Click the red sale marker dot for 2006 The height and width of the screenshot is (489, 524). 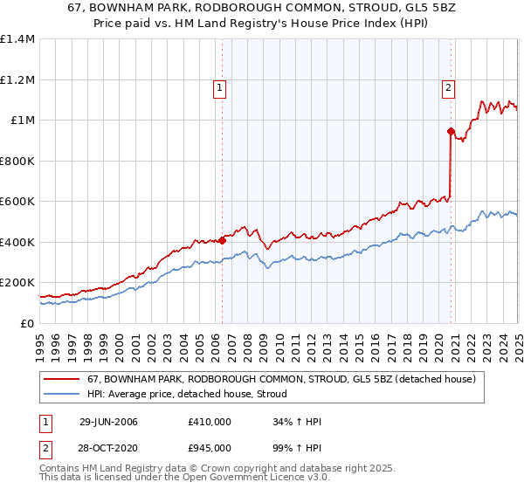[222, 240]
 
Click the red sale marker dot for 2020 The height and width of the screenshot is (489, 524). [451, 132]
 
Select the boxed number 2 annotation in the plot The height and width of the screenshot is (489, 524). [448, 87]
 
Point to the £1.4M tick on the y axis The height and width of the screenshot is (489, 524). [17, 39]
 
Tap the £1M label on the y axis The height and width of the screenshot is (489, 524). [24, 121]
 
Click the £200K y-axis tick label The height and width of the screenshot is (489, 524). [17, 283]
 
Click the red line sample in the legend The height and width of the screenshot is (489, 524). [61, 379]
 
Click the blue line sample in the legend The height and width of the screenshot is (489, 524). [61, 395]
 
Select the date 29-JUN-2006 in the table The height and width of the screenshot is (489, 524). [108, 423]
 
